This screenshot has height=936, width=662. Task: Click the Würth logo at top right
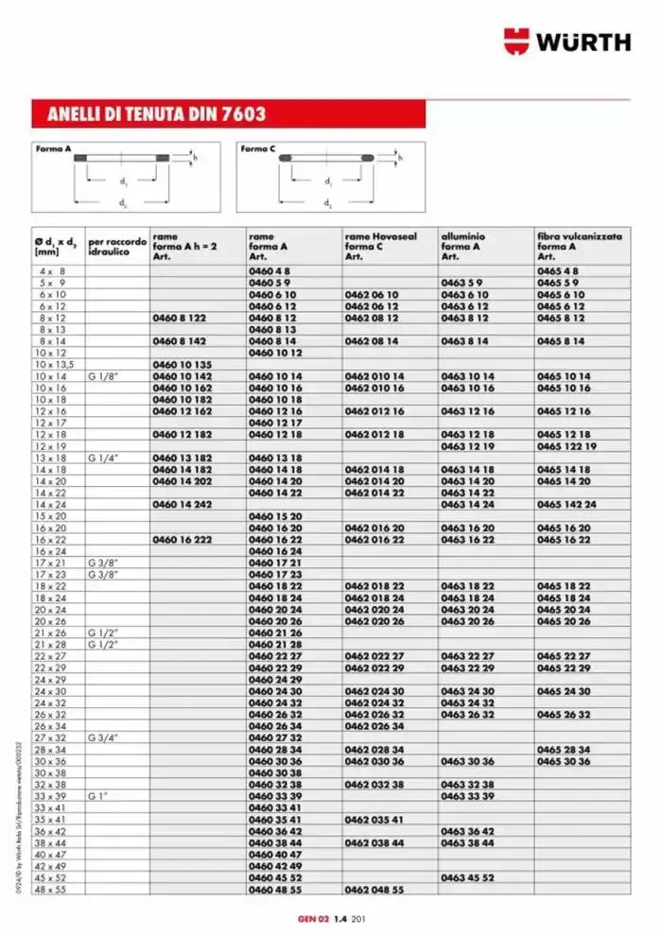tap(566, 42)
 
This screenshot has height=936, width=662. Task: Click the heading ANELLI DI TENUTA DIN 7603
tap(149, 114)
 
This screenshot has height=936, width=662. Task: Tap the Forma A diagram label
tap(54, 149)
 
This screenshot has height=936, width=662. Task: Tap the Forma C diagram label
tap(257, 149)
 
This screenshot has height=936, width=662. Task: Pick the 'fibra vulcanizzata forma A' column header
tap(579, 246)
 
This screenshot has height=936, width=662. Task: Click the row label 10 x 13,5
tap(54, 364)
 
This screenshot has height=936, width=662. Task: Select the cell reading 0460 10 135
tap(182, 364)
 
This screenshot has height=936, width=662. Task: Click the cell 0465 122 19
tap(566, 445)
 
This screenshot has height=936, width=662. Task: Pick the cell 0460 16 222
tap(182, 538)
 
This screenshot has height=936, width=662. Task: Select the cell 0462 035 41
tap(375, 819)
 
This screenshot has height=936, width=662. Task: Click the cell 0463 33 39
tap(467, 796)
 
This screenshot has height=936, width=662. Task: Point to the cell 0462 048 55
tap(375, 889)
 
